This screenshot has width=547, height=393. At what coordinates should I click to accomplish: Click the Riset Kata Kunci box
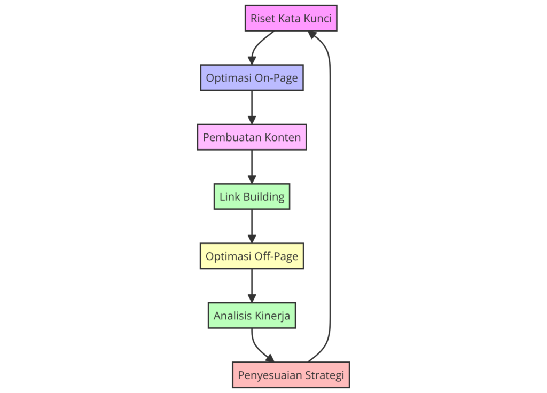pyautogui.click(x=291, y=18)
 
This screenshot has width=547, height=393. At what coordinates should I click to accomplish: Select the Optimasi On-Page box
pyautogui.click(x=252, y=78)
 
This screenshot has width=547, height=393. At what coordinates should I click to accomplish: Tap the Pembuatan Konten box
pyautogui.click(x=252, y=137)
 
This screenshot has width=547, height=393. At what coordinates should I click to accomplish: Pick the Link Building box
pyautogui.click(x=252, y=196)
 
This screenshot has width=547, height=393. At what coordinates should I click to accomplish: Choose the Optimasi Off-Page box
pyautogui.click(x=252, y=256)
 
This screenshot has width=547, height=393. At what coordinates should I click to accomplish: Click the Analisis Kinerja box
pyautogui.click(x=252, y=316)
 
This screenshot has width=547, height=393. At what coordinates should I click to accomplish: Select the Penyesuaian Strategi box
pyautogui.click(x=291, y=375)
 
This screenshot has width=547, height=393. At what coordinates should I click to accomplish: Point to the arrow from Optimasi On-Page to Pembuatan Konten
pyautogui.click(x=252, y=107)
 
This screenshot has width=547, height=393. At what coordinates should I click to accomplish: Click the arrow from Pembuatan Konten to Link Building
pyautogui.click(x=252, y=166)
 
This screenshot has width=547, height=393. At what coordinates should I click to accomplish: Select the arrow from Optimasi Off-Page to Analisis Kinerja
pyautogui.click(x=252, y=285)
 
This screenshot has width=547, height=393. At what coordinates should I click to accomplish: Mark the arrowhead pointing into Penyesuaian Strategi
pyautogui.click(x=269, y=358)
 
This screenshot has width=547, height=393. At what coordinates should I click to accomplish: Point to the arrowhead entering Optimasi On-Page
pyautogui.click(x=252, y=61)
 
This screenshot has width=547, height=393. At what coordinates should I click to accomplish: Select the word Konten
pyautogui.click(x=283, y=137)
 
